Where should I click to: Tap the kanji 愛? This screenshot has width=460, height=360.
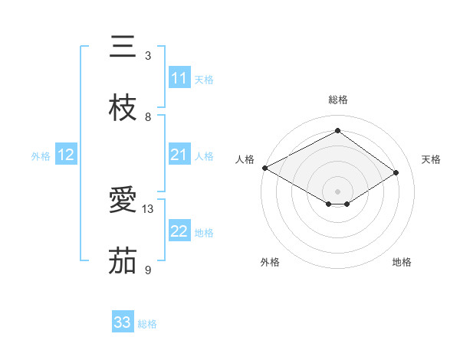coord(123,201)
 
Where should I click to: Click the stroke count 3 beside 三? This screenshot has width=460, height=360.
coord(148,56)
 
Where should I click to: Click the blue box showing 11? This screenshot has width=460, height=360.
coord(179,78)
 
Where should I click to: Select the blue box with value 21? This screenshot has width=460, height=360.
coord(179,155)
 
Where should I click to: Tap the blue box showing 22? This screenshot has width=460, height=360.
coord(179,231)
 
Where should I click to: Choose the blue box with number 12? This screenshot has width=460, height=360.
coord(66,155)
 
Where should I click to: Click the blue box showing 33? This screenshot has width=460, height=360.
coord(123,322)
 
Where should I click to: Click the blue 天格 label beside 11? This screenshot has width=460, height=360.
coord(204,80)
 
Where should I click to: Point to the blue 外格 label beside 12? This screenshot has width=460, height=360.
coord(41,156)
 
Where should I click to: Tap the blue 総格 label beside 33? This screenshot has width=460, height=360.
coord(147,324)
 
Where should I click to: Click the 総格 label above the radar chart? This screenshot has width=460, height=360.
coord(337,100)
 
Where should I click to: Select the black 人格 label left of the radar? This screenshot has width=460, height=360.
coord(245,159)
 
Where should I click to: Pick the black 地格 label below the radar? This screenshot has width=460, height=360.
coord(402,263)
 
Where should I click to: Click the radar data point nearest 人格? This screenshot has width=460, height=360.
coord(264,168)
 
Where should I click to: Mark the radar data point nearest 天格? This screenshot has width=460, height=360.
coord(396,172)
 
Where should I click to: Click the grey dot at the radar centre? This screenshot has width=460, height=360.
coord(337,191)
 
